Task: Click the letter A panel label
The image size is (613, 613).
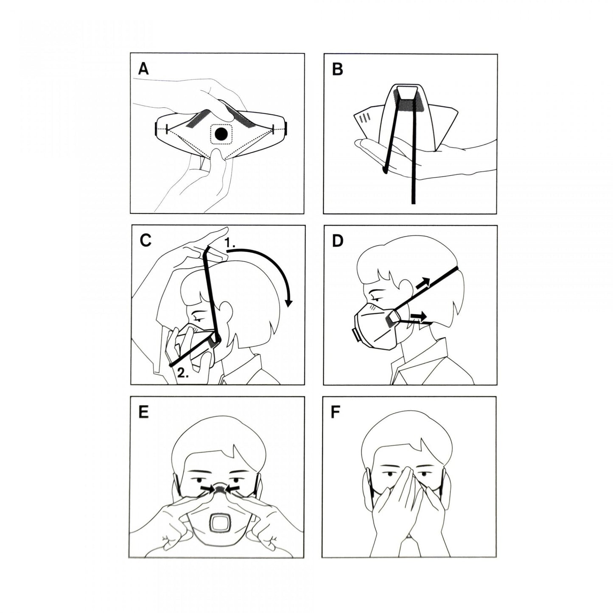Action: click(x=143, y=69)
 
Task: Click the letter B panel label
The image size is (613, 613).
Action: click(x=337, y=69)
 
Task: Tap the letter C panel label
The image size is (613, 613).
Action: click(x=146, y=241)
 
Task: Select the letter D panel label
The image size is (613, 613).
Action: click(x=338, y=241)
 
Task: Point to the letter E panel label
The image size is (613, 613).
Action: click(x=143, y=413)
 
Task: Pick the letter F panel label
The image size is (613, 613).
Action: click(x=335, y=413)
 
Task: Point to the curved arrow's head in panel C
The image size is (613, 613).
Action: click(x=288, y=302)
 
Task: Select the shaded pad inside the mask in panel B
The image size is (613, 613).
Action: click(x=407, y=105)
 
